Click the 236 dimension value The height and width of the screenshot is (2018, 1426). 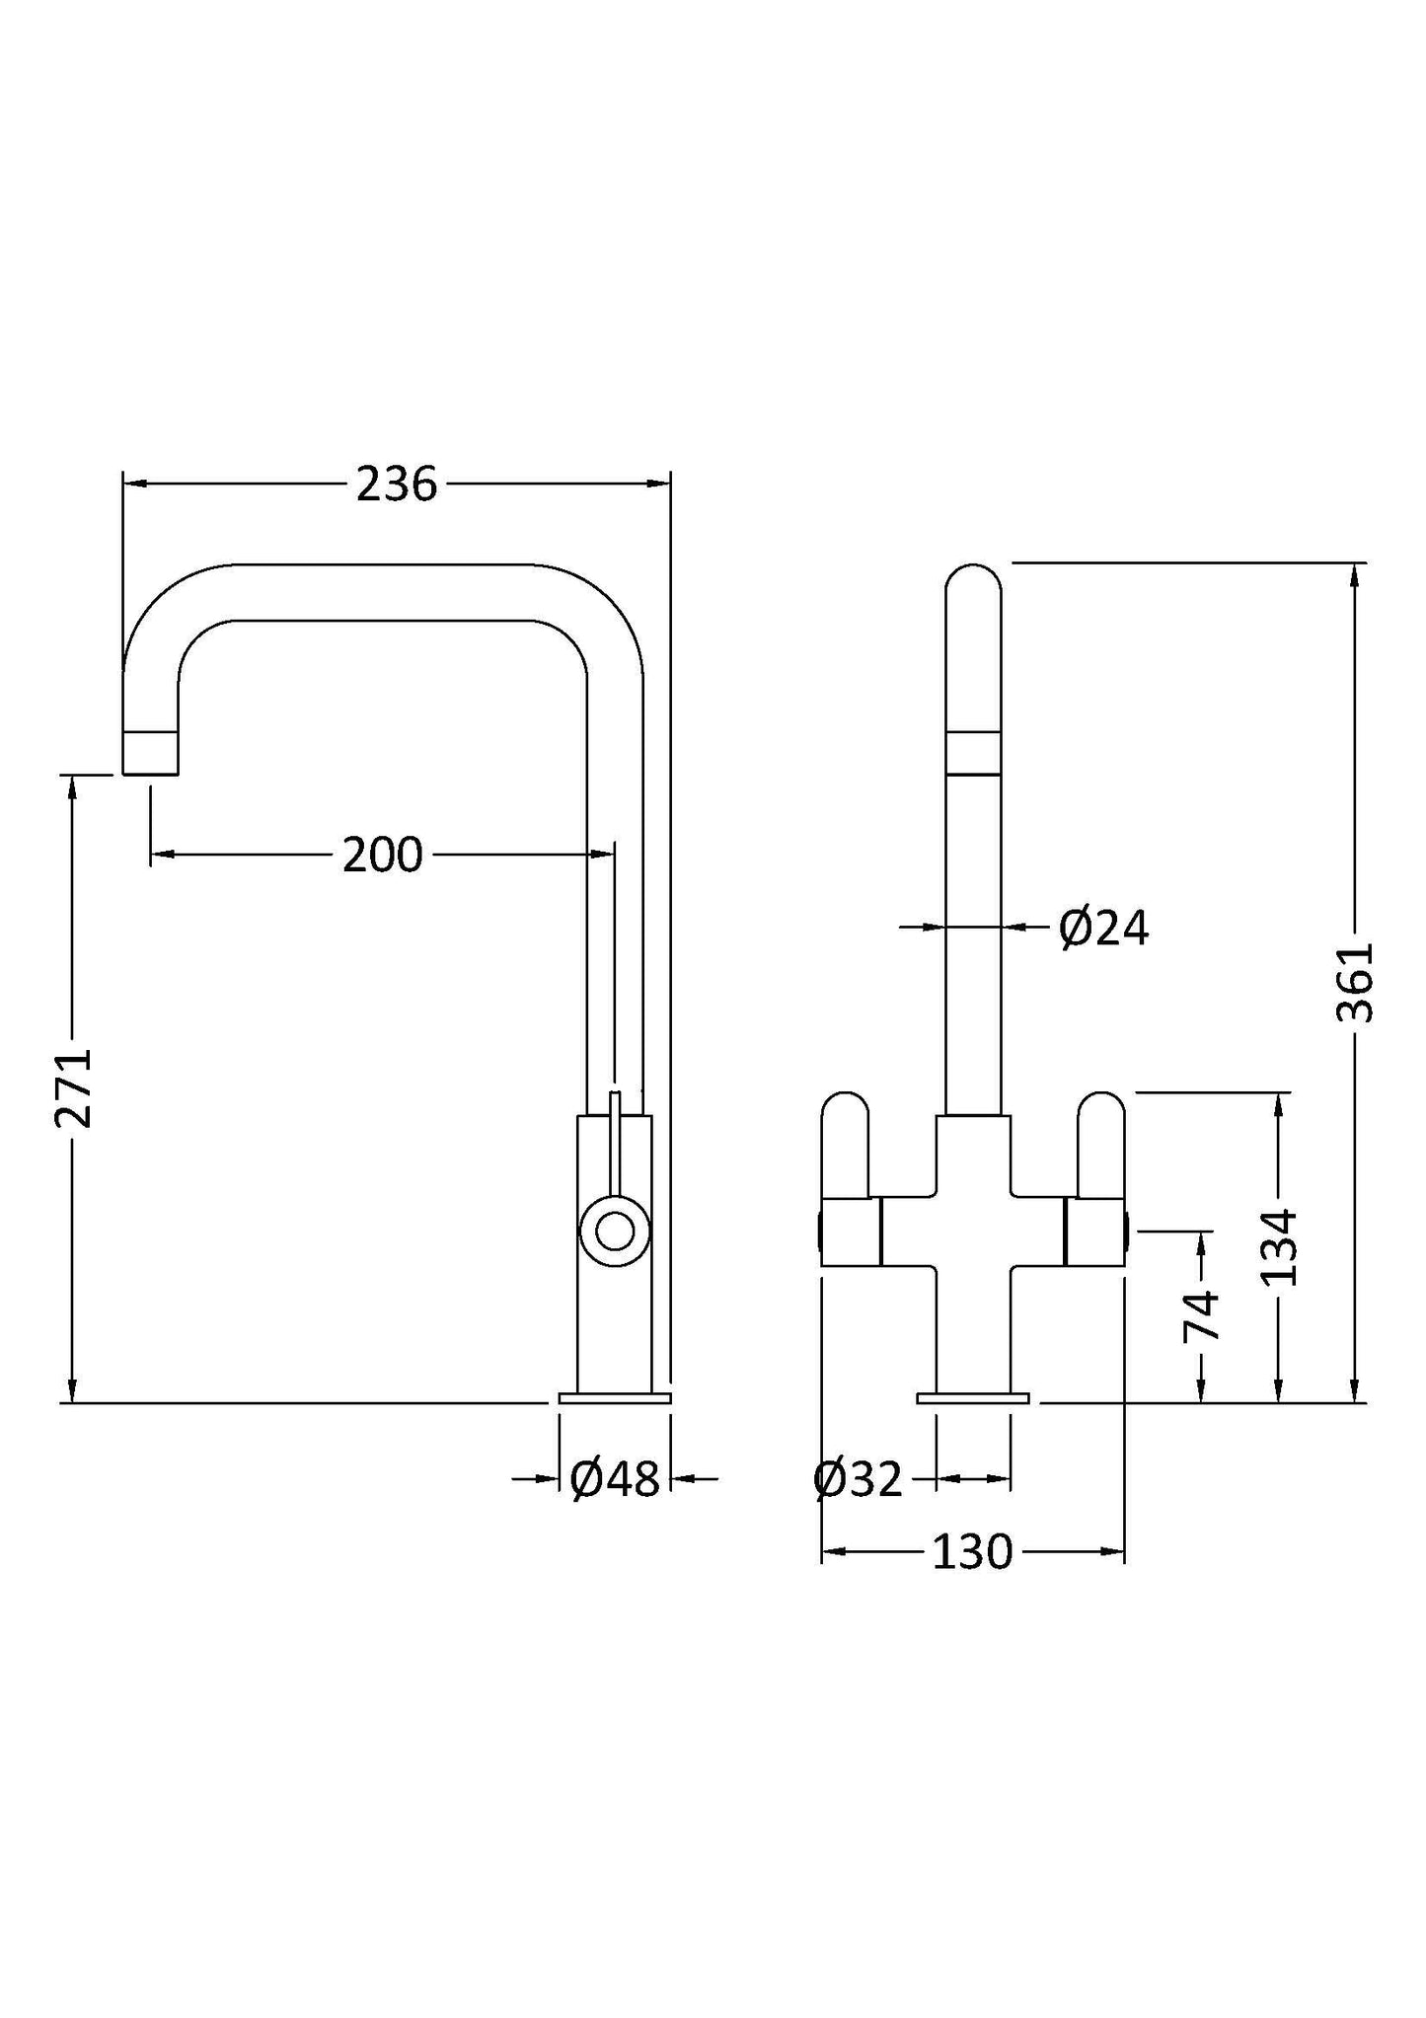click(x=396, y=485)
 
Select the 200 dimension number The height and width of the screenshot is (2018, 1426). click(x=382, y=855)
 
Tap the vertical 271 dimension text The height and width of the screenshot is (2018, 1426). click(x=74, y=1087)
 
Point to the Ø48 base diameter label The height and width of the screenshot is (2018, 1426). click(x=614, y=1479)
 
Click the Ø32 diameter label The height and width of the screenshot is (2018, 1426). click(x=858, y=1479)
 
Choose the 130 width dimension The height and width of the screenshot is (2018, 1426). click(x=972, y=1552)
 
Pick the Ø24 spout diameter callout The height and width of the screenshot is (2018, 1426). click(x=1103, y=929)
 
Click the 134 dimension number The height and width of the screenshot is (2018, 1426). click(x=1281, y=1247)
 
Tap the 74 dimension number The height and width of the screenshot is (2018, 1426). click(x=1202, y=1315)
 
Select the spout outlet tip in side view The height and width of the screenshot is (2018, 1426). click(x=151, y=753)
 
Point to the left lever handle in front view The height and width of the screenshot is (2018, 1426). click(x=846, y=1145)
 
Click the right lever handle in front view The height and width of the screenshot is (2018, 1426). click(x=1100, y=1145)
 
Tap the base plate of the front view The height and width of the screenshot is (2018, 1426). click(x=972, y=1396)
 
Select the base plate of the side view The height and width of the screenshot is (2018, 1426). click(x=614, y=1396)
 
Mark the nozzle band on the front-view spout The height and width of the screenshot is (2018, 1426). click(x=973, y=753)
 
